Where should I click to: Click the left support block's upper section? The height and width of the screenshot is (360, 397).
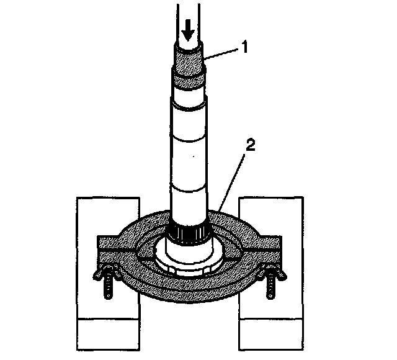99,217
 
